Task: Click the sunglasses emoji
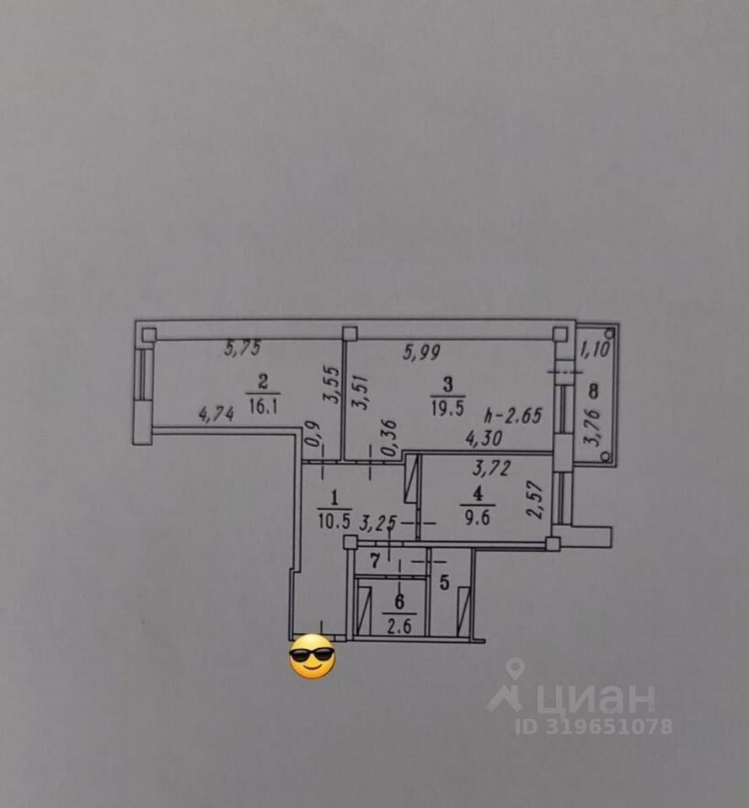tap(312, 658)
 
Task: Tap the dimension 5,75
tap(243, 347)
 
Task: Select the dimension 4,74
tap(216, 413)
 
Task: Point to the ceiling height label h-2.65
tap(513, 415)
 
